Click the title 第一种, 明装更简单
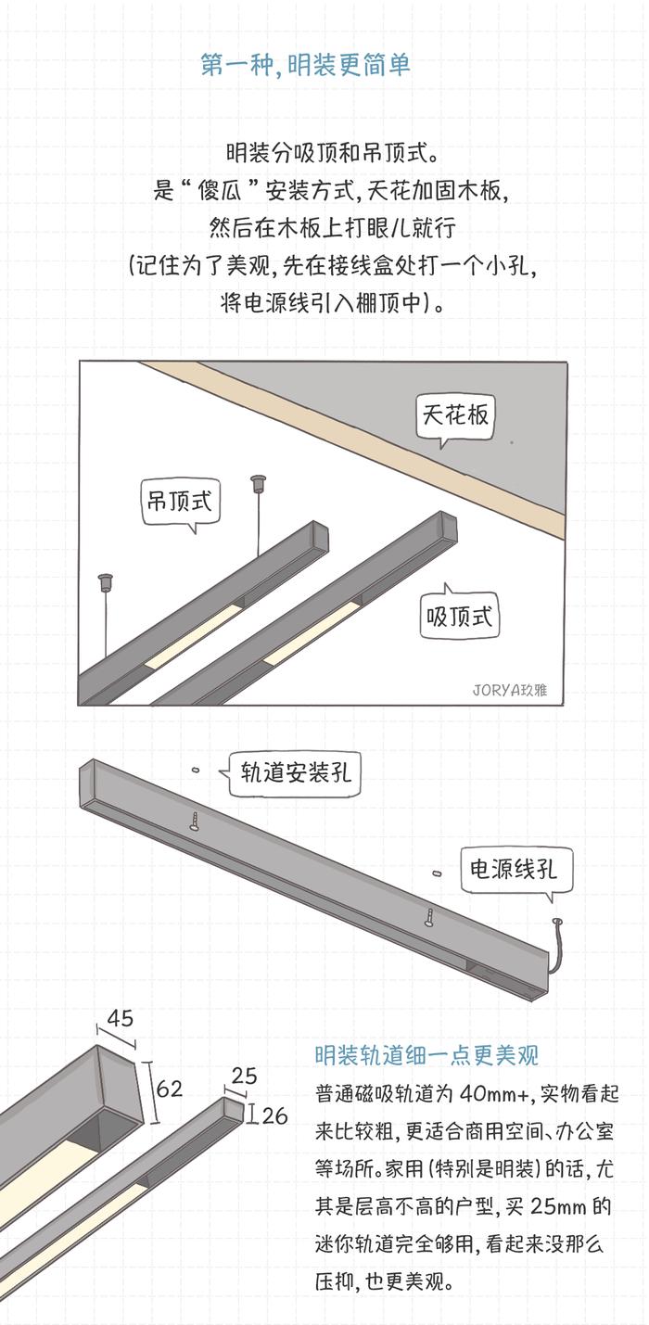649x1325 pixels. tap(305, 66)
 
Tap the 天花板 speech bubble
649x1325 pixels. tap(455, 414)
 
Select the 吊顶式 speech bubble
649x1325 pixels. tap(180, 502)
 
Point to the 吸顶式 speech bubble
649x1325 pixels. tap(460, 616)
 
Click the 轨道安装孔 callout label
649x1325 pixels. tap(296, 771)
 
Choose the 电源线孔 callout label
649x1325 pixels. tap(515, 869)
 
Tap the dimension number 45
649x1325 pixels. tap(120, 1018)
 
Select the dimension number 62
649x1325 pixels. tap(170, 1089)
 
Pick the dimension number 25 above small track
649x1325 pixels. tap(245, 1077)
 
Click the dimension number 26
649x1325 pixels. tap(274, 1115)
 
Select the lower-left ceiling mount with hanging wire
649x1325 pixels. tap(105, 583)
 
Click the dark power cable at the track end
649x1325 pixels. tap(558, 946)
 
